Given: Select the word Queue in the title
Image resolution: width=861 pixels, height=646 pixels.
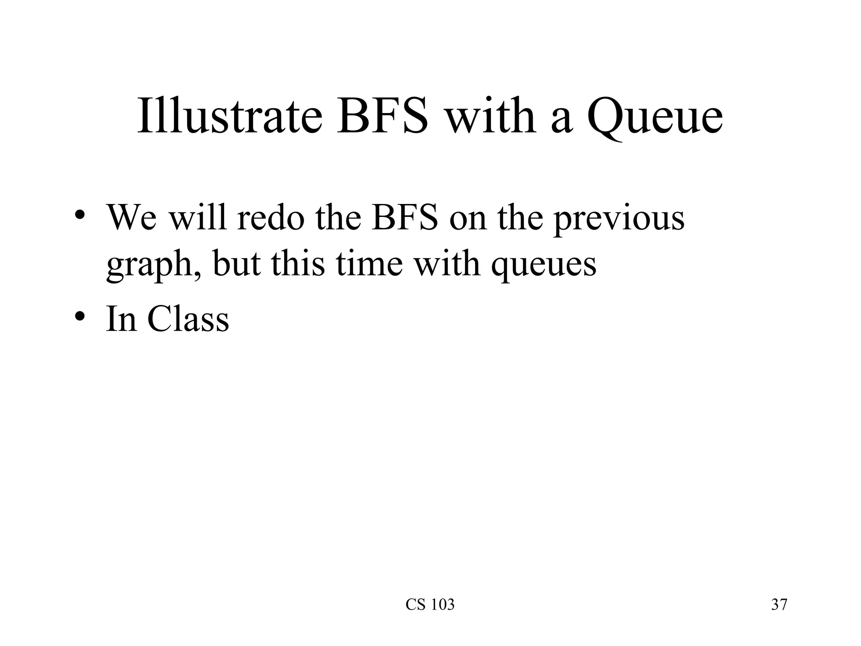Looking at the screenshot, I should point(655,116).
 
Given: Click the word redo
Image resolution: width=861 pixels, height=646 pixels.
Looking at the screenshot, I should point(270,218).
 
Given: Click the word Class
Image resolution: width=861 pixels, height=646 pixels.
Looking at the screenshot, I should point(188,319).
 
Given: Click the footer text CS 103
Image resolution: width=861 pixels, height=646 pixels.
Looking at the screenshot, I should point(430,605).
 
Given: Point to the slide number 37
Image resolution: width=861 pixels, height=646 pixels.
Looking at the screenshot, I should point(779,605).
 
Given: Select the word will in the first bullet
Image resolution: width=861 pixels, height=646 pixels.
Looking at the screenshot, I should point(198,218).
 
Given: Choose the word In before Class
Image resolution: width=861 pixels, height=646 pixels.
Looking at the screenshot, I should point(121,319).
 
